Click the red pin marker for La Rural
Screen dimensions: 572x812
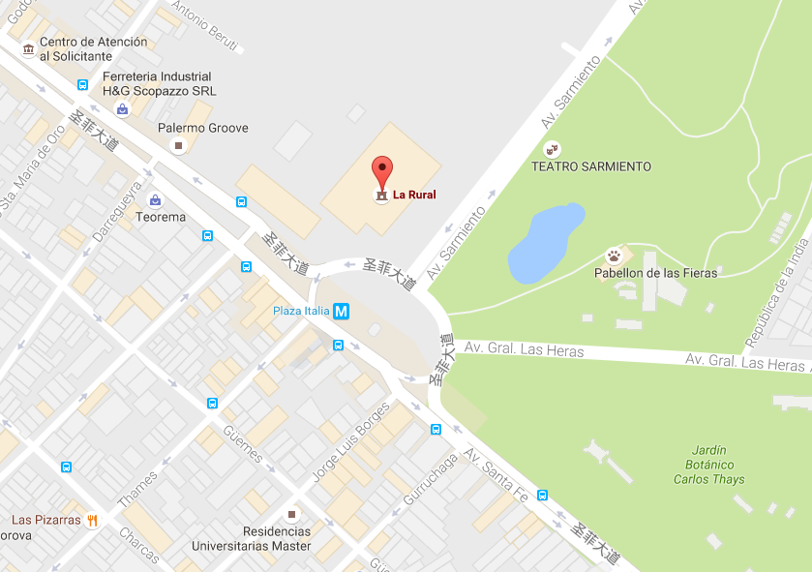383,171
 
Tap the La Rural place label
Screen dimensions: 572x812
414,196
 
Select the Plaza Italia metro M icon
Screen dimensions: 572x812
341,312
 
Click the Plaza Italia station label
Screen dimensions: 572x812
300,312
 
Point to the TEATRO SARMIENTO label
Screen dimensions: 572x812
591,166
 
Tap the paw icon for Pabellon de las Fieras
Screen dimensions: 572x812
614,256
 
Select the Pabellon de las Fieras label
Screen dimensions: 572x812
655,273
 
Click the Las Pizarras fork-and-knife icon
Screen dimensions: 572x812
93,520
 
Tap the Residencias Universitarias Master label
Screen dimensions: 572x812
251,539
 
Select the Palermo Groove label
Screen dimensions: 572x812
203,128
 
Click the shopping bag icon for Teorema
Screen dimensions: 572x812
154,200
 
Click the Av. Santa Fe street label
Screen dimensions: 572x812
496,475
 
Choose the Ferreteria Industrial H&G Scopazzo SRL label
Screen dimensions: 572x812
160,84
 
